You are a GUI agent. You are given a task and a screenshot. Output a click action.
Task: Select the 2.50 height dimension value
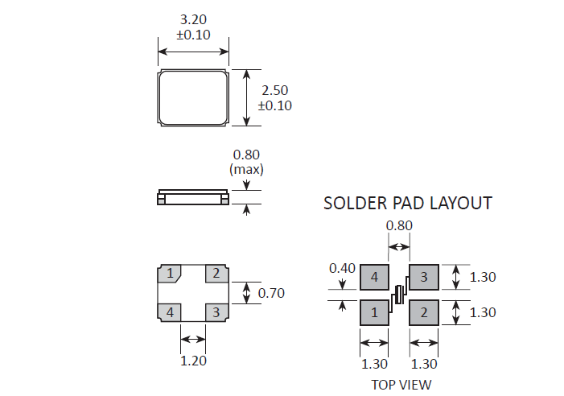pos(275,90)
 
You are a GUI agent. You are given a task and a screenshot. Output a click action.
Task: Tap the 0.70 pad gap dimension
pos(271,293)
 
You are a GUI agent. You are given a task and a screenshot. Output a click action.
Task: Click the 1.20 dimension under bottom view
pos(193,361)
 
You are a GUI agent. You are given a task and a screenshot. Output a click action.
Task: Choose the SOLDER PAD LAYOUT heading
pos(407,203)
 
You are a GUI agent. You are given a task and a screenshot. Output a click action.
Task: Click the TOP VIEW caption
pos(401,384)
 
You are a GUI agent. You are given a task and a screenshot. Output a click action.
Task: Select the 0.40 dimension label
pos(342,268)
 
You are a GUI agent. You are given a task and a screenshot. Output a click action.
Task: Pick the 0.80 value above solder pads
pos(400,226)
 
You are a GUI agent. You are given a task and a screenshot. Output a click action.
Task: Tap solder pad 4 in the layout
pos(374,278)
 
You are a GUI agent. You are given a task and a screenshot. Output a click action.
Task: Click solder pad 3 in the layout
pos(424,278)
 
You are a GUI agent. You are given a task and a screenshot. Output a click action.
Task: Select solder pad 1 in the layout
pos(374,311)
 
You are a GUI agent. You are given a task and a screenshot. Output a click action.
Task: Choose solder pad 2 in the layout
pos(424,311)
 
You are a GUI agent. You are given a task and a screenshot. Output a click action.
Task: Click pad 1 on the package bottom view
pos(170,274)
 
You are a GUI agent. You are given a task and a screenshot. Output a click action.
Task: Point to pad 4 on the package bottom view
pos(170,311)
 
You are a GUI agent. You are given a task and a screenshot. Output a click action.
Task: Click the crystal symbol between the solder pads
pos(398,295)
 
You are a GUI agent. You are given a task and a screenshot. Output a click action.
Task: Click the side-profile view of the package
pos(193,198)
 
